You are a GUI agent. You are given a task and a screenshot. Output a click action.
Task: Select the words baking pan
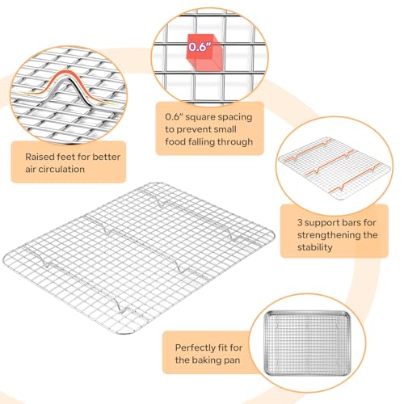click(x=213, y=359)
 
